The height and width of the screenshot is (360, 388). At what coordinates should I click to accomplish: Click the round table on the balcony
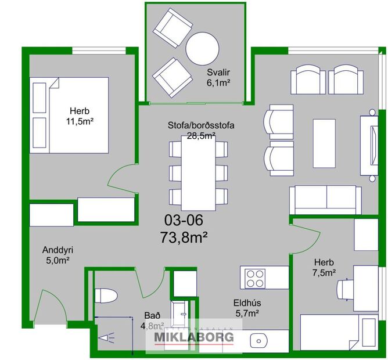(x=201, y=47)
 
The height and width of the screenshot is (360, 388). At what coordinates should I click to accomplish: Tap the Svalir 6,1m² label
(x=220, y=78)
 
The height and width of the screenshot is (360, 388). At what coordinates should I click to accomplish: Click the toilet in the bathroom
(x=106, y=296)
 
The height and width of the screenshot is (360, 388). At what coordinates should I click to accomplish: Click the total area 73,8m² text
(x=184, y=237)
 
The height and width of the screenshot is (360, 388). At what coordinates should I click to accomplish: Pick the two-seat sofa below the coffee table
(x=325, y=199)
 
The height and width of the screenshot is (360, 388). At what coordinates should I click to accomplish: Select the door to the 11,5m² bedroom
(x=123, y=179)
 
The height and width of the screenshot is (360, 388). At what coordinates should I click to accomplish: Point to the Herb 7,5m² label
(x=324, y=267)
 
